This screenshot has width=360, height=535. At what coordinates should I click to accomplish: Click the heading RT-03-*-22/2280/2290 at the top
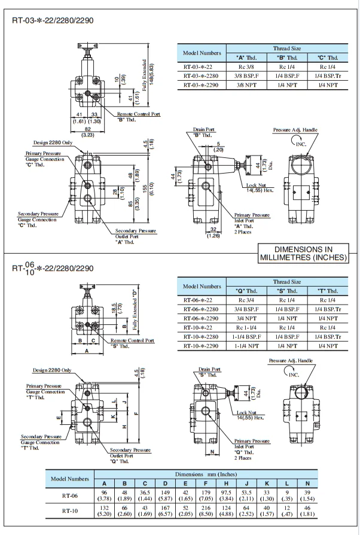52,20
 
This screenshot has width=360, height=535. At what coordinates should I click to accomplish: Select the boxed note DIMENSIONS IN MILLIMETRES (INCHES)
303,253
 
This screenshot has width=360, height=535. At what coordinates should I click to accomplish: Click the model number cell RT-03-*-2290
202,85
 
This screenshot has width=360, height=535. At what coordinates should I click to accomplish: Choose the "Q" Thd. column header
247,290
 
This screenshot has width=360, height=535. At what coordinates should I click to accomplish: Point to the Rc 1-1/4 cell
247,327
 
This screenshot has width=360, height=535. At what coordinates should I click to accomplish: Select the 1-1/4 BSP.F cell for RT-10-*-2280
247,336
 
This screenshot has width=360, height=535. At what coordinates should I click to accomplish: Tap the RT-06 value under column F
205,494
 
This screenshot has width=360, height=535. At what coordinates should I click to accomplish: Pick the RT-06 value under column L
287,494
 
